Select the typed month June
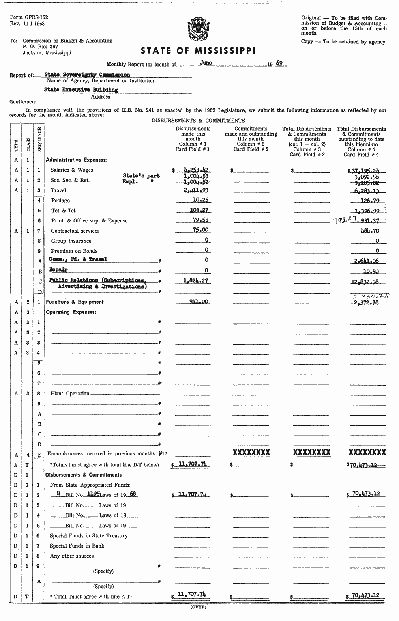pyautogui.click(x=206, y=63)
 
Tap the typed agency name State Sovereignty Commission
pyautogui.click(x=87, y=75)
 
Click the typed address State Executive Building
pyautogui.click(x=81, y=90)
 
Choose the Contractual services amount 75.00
pyautogui.click(x=202, y=230)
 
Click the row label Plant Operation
pyautogui.click(x=70, y=393)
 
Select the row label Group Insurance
pyautogui.click(x=71, y=241)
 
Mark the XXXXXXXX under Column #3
pyautogui.click(x=311, y=452)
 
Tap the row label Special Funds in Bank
pyautogui.click(x=77, y=546)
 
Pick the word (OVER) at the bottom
pyautogui.click(x=198, y=607)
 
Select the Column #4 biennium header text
pyautogui.click(x=361, y=141)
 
